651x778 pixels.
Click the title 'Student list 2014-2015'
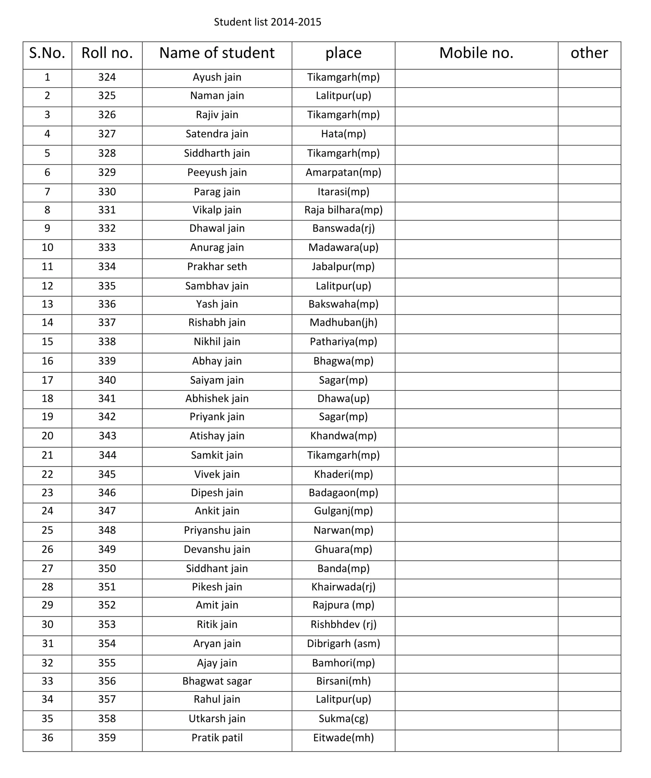tap(267, 22)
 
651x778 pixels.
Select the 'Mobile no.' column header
tap(476, 53)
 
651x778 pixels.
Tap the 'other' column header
tap(589, 53)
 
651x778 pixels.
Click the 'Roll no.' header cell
tap(107, 53)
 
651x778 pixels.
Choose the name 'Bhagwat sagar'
tap(217, 681)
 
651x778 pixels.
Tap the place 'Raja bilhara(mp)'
tap(343, 210)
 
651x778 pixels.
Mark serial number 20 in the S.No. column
tap(47, 436)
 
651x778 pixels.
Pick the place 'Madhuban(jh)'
tap(343, 322)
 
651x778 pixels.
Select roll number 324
tap(107, 77)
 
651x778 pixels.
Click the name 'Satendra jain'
tap(217, 134)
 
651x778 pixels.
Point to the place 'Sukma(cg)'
tap(343, 719)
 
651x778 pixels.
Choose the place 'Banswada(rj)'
tap(343, 228)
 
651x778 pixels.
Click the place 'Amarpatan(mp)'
tap(343, 172)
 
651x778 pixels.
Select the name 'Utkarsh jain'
tap(217, 719)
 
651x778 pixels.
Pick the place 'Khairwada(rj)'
tap(343, 587)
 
